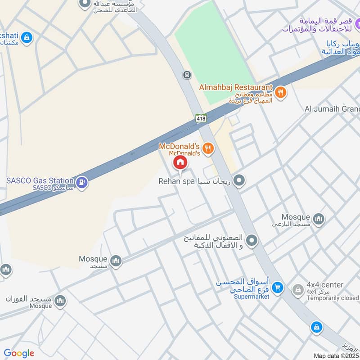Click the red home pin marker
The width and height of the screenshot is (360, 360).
[x=180, y=162]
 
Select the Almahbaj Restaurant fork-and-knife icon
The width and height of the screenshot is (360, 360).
[x=280, y=93]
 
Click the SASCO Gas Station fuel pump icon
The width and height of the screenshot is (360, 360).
[x=82, y=182]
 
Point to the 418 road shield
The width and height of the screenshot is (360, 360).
[x=201, y=118]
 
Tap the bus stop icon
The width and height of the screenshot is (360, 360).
[x=186, y=74]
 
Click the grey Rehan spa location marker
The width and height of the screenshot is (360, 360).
[x=239, y=181]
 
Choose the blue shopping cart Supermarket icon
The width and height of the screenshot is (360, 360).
[x=278, y=287]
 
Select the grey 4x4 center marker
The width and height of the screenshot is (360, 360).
[x=297, y=290]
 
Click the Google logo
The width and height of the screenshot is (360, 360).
[x=19, y=354]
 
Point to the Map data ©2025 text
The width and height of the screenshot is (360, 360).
[x=336, y=355]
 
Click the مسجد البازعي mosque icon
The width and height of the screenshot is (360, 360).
[x=319, y=219]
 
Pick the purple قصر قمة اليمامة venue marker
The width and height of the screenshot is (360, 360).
[x=353, y=22]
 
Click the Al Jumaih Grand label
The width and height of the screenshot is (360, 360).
[x=332, y=109]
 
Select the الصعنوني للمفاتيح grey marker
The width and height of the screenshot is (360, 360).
[x=252, y=241]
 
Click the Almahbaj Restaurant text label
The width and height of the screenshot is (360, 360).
[x=236, y=87]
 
